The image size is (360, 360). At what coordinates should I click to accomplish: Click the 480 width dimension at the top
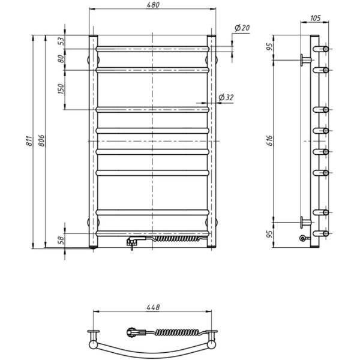(153, 5)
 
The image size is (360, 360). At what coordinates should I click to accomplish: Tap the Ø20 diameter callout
(242, 28)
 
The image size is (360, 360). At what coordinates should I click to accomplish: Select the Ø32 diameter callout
(226, 98)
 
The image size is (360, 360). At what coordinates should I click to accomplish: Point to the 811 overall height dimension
(29, 141)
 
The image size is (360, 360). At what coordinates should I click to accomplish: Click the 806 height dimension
(41, 141)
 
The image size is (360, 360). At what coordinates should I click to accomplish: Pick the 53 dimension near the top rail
(61, 41)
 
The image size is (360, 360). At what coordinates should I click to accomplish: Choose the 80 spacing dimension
(61, 59)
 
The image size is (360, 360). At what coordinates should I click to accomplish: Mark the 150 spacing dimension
(61, 89)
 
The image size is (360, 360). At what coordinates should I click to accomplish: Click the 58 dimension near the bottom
(61, 240)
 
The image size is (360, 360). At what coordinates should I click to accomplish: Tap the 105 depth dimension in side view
(316, 18)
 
